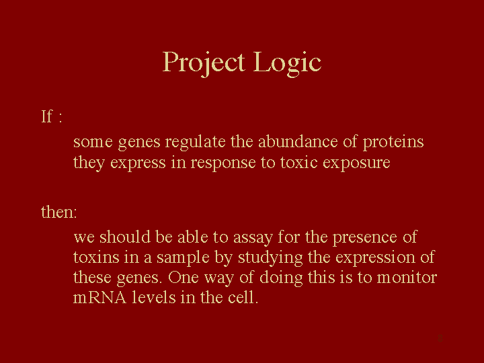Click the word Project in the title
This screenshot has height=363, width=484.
tap(204, 63)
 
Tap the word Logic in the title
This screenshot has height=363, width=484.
tap(288, 63)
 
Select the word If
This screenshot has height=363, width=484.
tap(47, 117)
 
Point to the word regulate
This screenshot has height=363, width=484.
tap(195, 143)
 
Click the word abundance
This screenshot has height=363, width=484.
tap(298, 142)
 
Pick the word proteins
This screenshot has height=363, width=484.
tap(393, 143)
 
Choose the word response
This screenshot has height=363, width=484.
tap(223, 163)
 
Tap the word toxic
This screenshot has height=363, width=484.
tap(298, 163)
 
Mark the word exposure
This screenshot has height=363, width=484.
tap(356, 163)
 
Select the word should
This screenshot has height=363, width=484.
tap(125, 237)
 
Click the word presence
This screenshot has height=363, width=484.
tap(364, 238)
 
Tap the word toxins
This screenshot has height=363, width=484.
tap(96, 257)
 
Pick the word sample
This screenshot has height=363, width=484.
tap(183, 258)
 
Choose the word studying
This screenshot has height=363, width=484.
tap(270, 258)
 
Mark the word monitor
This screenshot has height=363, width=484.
tap(407, 278)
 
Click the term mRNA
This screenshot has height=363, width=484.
tap(99, 298)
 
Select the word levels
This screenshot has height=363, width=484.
tap(154, 297)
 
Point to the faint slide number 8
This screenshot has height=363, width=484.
tap(440, 338)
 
